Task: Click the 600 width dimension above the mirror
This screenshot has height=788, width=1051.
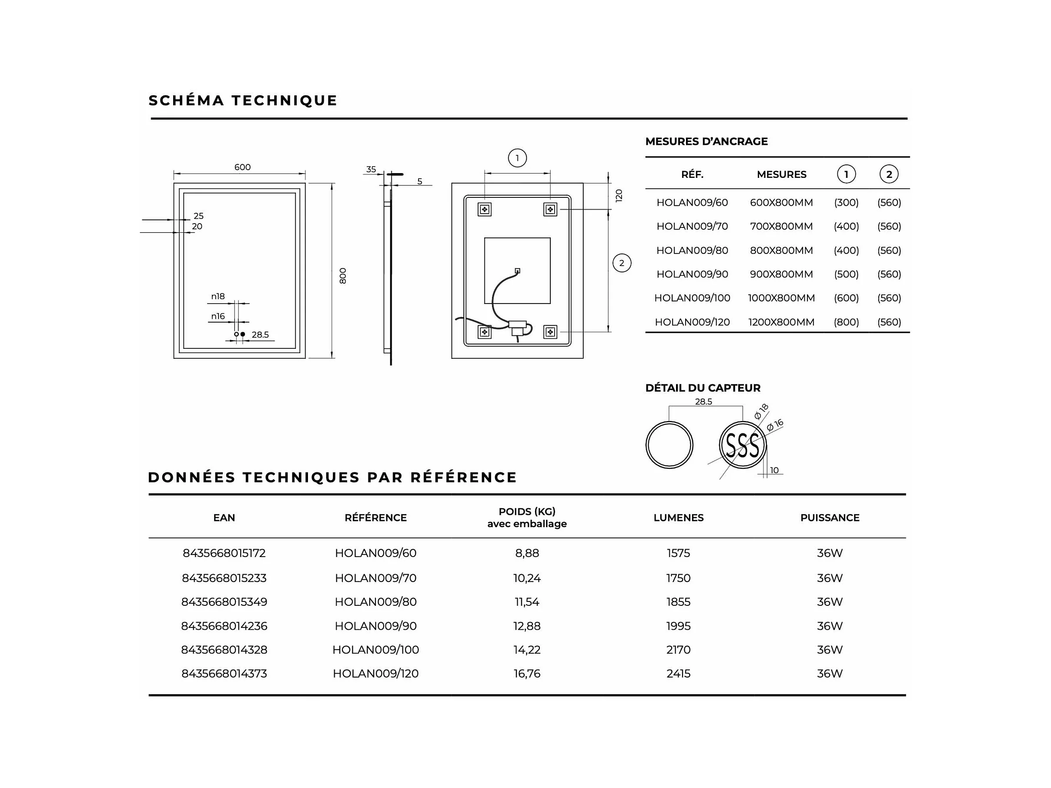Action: coord(242,167)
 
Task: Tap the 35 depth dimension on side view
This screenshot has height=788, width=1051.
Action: coord(371,169)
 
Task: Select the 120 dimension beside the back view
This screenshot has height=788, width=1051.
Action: coord(619,196)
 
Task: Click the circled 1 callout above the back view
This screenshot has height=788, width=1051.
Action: coord(517,158)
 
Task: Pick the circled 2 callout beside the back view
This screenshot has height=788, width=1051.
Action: coord(622,263)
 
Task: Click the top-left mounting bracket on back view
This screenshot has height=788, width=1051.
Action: coord(485,210)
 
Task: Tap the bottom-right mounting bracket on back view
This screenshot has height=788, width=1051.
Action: coord(550,332)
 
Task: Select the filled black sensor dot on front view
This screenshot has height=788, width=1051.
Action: coord(243,334)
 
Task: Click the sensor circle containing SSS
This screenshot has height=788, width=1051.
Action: coord(743,445)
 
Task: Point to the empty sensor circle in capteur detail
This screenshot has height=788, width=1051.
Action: coord(669,445)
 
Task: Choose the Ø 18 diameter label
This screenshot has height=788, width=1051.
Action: coord(761,411)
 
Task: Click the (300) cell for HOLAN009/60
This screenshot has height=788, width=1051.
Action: coord(846,202)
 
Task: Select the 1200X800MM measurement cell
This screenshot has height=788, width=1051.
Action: coord(781,322)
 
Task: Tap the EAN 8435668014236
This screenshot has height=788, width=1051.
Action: coord(224,626)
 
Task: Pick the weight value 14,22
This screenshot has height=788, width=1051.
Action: coord(527,650)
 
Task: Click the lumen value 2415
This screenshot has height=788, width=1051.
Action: coord(678,674)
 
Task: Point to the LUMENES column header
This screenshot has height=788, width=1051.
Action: coord(678,518)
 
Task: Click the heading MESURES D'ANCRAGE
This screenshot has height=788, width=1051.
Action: coord(706,141)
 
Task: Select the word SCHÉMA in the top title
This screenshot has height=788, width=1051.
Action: coord(186,101)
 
